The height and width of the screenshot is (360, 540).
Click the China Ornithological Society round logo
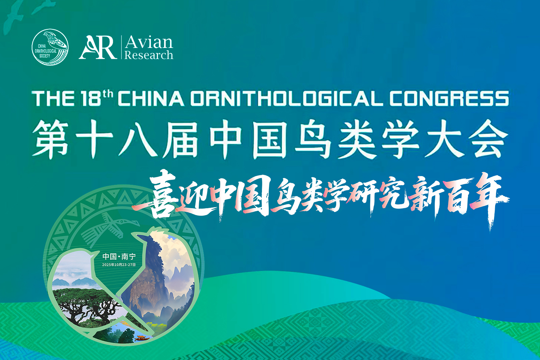tap(50, 47)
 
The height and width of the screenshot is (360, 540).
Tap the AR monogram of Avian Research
tap(98, 47)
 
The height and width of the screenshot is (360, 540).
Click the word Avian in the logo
tap(149, 42)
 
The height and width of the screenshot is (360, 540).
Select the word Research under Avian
tap(149, 55)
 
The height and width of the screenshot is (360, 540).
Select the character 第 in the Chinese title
tap(51, 139)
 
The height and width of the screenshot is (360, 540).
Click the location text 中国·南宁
tap(119, 257)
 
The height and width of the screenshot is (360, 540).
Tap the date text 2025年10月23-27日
tap(119, 265)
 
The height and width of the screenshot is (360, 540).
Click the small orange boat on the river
tap(142, 338)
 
